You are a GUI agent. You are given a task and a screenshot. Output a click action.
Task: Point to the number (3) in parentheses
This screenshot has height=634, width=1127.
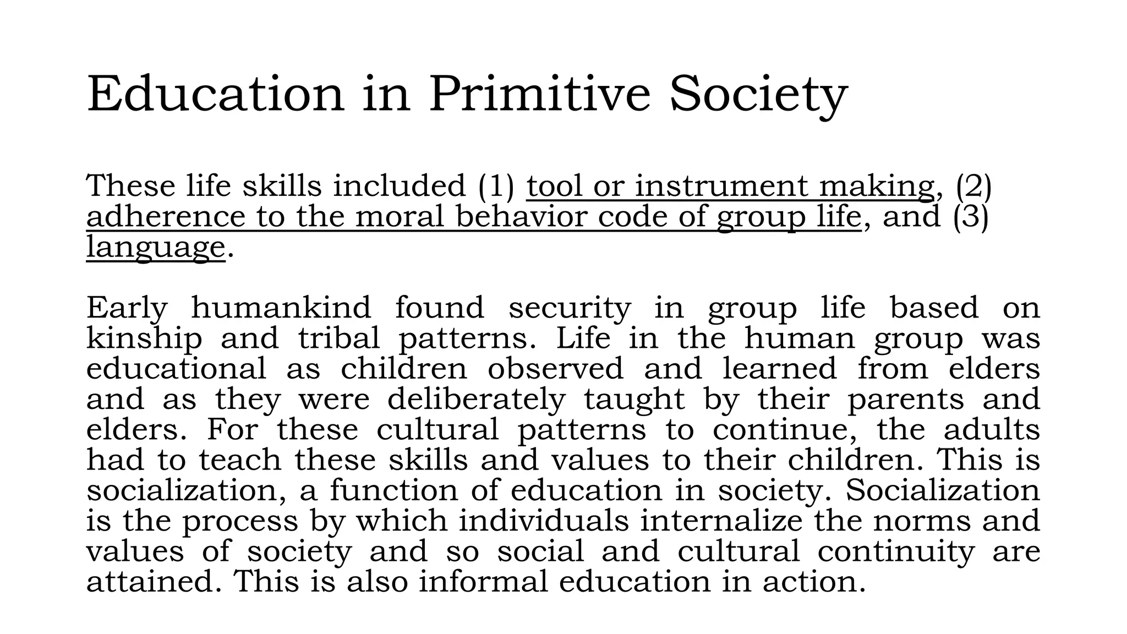point(971,216)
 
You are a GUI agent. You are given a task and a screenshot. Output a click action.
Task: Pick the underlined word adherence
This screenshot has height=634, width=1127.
point(166,216)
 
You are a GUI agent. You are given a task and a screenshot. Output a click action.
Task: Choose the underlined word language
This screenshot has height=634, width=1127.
point(156,247)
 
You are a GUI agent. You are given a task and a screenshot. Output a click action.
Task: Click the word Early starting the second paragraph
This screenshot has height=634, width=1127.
point(127,308)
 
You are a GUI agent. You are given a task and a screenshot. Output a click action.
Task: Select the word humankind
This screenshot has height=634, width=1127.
point(281,308)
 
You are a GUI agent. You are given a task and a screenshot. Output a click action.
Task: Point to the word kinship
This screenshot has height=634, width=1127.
point(144,338)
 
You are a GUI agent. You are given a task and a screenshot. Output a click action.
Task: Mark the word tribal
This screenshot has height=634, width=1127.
point(339,338)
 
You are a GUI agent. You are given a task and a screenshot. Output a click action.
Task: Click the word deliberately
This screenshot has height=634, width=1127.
point(477,400)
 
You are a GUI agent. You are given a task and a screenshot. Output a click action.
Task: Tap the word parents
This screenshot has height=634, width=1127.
point(906,400)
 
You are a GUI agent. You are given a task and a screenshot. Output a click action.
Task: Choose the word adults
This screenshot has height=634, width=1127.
point(992,430)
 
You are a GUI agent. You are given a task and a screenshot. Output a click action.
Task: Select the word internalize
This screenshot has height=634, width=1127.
point(721,521)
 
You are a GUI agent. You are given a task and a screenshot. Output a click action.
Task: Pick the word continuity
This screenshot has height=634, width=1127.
point(896,551)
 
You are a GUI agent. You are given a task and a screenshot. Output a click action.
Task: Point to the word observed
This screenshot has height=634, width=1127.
point(555,369)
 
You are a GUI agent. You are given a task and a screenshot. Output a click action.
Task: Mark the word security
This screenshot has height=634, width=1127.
point(570,308)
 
